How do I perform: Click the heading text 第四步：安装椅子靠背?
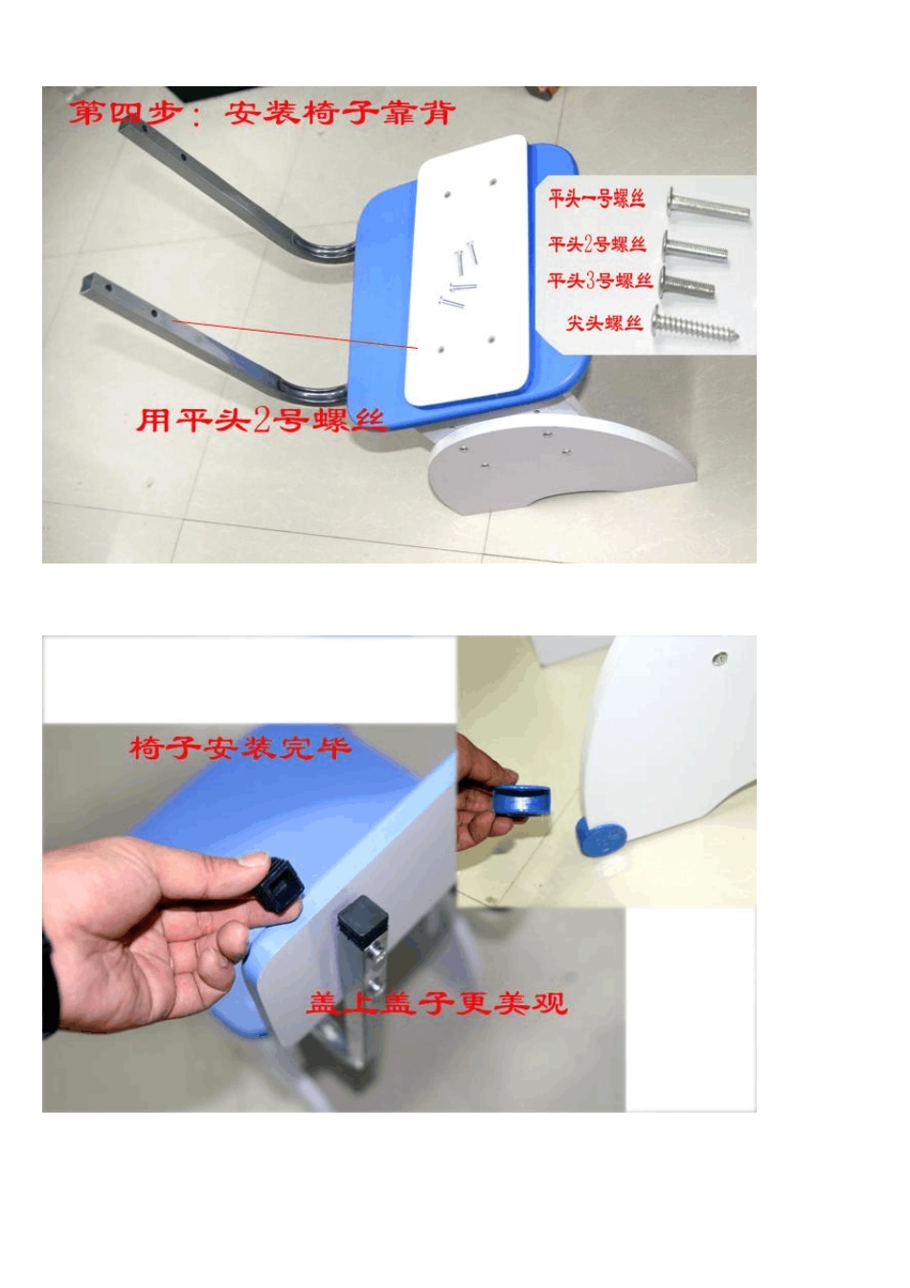pos(262,113)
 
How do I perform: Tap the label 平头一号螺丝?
pos(597,199)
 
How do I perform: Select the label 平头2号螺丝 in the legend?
pos(597,244)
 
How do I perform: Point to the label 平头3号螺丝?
pos(600,281)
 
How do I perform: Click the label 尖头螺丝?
pos(604,322)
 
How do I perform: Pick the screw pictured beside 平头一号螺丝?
pos(708,205)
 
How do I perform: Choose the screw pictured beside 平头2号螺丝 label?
pos(695,249)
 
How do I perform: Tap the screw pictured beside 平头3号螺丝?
pos(688,285)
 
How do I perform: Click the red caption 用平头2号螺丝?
pos(261,420)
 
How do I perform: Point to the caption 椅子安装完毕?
pos(239,747)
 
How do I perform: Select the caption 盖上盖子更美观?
pos(437,1003)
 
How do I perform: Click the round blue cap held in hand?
pos(523,800)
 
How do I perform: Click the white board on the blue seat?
pos(469,268)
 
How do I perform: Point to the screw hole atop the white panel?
pos(719,658)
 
